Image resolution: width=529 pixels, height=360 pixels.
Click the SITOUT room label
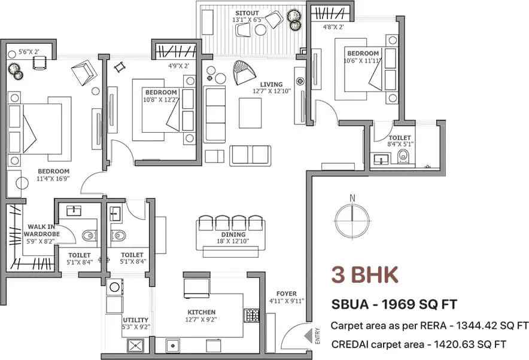pyautogui.click(x=247, y=13)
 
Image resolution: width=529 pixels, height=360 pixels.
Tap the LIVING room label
pyautogui.click(x=271, y=84)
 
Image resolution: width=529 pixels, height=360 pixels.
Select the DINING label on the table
pyautogui.click(x=233, y=234)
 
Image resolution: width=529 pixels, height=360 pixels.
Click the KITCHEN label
pyautogui.click(x=202, y=312)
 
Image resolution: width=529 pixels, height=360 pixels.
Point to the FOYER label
pyautogui.click(x=287, y=294)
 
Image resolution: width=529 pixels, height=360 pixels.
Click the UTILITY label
pyautogui.click(x=136, y=320)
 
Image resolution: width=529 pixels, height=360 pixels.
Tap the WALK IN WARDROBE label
pyautogui.click(x=41, y=230)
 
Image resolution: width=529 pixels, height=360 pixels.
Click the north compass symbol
pyautogui.click(x=352, y=218)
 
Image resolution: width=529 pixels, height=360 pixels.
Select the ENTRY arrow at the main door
pyautogui.click(x=308, y=336)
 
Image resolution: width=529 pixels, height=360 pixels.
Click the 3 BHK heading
pyautogui.click(x=364, y=274)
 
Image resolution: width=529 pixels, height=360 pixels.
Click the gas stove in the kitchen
pyautogui.click(x=252, y=315)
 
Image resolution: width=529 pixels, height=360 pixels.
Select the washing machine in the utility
pyautogui.click(x=114, y=287)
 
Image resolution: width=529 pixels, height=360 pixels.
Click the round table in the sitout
pyautogui.click(x=260, y=30)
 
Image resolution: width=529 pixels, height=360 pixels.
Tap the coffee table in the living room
pyautogui.click(x=250, y=113)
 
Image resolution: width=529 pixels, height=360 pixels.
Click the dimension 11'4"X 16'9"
pyautogui.click(x=53, y=178)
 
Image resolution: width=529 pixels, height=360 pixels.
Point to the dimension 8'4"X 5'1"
pyautogui.click(x=400, y=144)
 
